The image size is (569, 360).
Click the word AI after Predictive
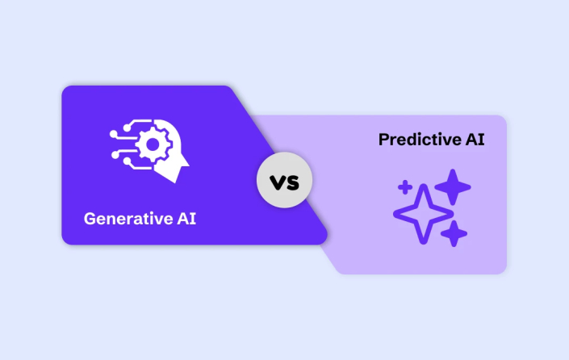tap(474, 140)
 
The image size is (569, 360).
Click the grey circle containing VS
tap(284, 181)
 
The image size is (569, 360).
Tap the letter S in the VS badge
tap(292, 182)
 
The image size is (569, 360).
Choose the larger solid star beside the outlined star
tap(453, 187)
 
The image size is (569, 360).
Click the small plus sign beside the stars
tap(404, 188)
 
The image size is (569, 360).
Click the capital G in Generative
tap(89, 218)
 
